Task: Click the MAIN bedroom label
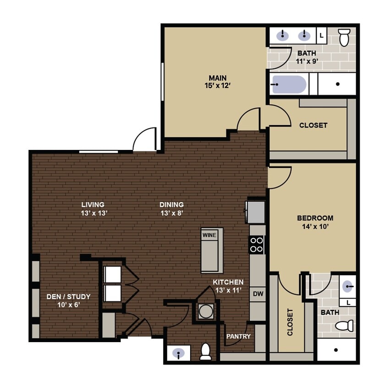coord(218,78)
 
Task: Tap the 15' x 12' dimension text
coord(218,85)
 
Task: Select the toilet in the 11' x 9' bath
coord(344,37)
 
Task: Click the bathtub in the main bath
coord(289,85)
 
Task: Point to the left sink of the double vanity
coord(283,35)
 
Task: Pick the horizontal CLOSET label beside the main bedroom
coord(313,125)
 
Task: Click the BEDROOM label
coord(315,218)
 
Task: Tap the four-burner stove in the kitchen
coord(257,244)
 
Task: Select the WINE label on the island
coord(209,235)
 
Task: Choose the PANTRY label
coord(238,337)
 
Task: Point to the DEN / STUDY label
coord(68,297)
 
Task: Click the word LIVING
coord(93,205)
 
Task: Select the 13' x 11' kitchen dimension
coord(228,290)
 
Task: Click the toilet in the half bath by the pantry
coord(205,352)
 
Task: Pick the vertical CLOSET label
coord(290,322)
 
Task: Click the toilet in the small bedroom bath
coord(344,326)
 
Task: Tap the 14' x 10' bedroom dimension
coord(315,226)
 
